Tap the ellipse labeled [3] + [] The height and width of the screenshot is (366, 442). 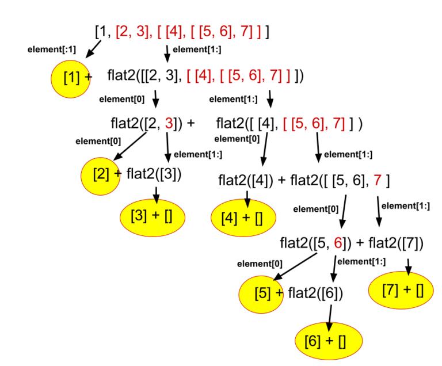click(x=153, y=217)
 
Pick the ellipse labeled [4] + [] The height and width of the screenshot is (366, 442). click(x=243, y=218)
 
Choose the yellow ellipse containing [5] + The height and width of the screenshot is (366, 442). click(x=261, y=294)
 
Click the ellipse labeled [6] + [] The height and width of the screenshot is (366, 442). click(x=329, y=341)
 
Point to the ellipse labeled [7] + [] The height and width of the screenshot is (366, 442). click(x=401, y=290)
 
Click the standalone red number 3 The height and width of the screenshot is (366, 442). click(x=169, y=124)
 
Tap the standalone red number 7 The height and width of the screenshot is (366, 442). click(x=377, y=181)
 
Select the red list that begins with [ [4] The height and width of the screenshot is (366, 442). click(x=238, y=76)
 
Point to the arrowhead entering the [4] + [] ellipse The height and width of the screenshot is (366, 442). click(x=247, y=203)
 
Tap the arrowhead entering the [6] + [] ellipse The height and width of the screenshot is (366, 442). click(x=329, y=326)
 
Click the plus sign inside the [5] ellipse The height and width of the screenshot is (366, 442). click(x=279, y=293)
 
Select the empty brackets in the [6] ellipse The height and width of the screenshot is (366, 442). click(x=342, y=342)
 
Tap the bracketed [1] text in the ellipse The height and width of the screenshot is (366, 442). click(x=72, y=77)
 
